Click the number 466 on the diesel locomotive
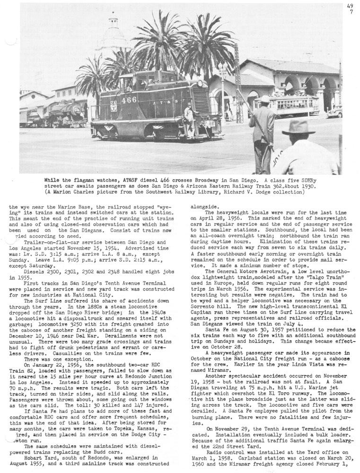(128, 100)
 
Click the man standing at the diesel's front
(190, 121)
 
